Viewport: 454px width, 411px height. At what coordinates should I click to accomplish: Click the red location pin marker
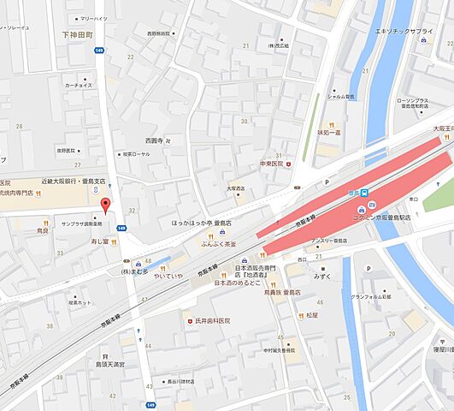point(106,205)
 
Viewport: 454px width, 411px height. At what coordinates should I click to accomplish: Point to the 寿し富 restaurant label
point(91,243)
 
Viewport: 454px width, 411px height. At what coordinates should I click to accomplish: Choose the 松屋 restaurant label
point(310,315)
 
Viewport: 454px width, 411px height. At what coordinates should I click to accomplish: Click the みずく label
point(321,277)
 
